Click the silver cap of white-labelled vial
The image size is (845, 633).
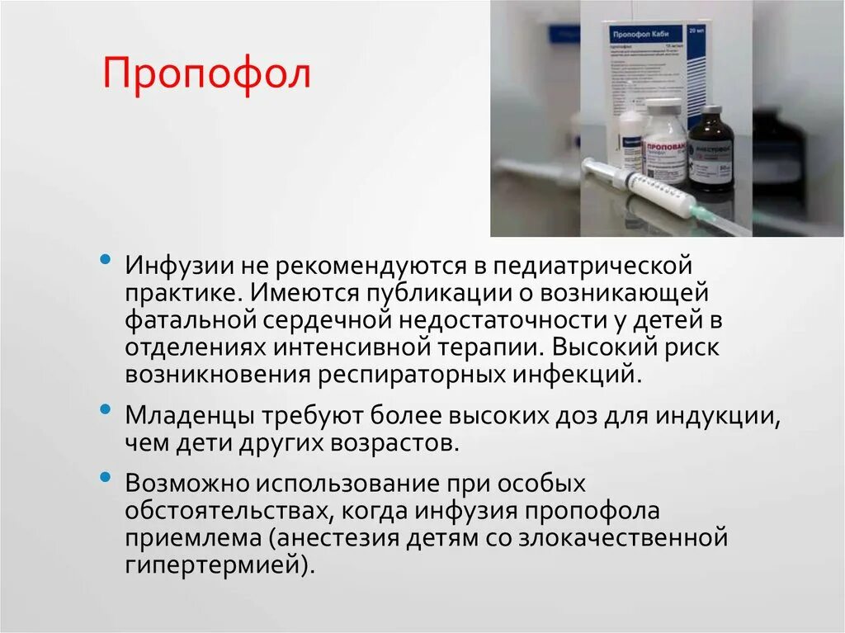pos(663,108)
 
